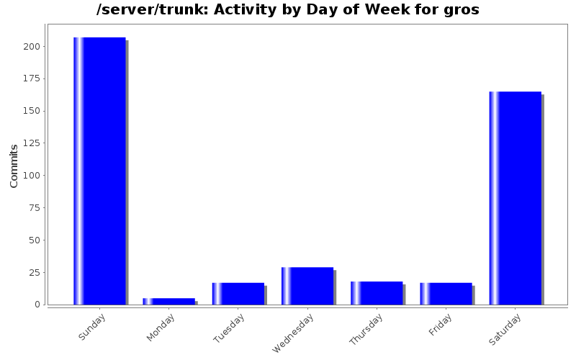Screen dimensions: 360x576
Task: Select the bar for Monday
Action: (168, 301)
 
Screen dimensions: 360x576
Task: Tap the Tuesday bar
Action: (238, 293)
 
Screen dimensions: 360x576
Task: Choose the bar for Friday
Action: (446, 293)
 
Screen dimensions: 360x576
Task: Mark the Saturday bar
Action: (515, 198)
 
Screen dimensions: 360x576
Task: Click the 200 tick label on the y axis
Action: (32, 47)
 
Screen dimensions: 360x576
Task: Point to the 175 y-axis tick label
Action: (32, 78)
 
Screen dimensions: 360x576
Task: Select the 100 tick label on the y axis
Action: (32, 176)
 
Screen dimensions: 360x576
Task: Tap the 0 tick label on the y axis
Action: (37, 305)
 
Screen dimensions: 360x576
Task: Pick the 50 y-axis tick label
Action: (35, 240)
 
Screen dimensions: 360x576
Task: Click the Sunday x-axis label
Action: (92, 327)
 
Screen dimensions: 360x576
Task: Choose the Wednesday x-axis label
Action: (294, 332)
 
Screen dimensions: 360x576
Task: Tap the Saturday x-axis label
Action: (505, 329)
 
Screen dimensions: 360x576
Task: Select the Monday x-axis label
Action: (161, 328)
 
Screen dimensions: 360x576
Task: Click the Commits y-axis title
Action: (14, 166)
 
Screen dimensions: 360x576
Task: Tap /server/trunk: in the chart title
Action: (152, 10)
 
